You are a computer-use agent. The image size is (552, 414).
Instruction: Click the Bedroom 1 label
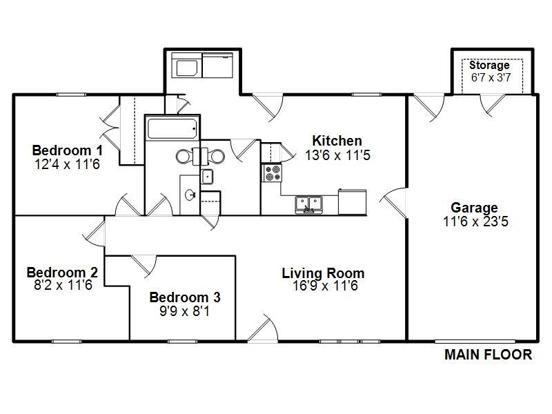pos(67,150)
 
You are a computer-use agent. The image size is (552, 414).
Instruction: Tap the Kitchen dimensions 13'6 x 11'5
pos(337,155)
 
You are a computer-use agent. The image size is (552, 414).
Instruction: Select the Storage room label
pos(489,65)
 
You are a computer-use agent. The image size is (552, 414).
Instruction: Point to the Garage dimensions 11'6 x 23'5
pos(475,221)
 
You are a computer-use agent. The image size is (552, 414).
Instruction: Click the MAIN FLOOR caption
pos(489,355)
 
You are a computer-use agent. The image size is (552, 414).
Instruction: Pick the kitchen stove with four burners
pos(271,173)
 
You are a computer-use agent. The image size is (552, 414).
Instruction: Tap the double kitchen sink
pos(308,205)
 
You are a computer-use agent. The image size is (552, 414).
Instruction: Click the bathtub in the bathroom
pos(172,128)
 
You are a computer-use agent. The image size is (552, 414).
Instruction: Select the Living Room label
pos(323,273)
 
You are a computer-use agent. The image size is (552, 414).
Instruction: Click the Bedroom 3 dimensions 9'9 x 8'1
pos(184,311)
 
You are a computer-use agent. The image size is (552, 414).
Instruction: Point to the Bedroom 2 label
pos(62,273)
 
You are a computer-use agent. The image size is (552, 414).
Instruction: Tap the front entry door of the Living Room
pos(263,329)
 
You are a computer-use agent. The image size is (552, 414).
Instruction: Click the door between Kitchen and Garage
pos(394,203)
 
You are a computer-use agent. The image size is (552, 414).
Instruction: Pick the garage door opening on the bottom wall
pos(475,341)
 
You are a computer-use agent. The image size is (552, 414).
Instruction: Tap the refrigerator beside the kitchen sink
pos(352,201)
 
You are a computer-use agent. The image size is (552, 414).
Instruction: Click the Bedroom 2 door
pos(95,233)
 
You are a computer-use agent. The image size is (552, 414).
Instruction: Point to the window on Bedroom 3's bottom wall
pos(182,341)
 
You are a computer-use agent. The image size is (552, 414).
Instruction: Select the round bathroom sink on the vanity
pos(190,195)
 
